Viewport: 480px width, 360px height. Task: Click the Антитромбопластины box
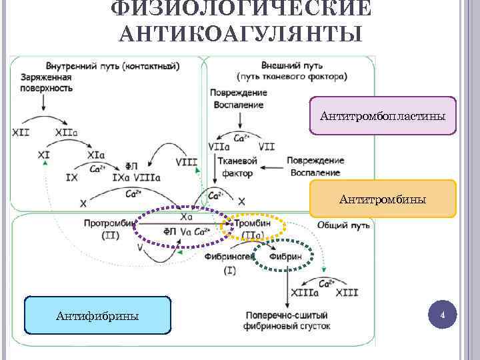point(383,117)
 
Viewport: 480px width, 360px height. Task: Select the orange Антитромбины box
point(383,199)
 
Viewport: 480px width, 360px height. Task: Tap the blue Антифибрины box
point(97,315)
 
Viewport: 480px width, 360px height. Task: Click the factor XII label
point(21,132)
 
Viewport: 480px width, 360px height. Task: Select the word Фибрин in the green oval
point(286,256)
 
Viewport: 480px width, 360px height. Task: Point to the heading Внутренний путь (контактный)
point(113,67)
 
